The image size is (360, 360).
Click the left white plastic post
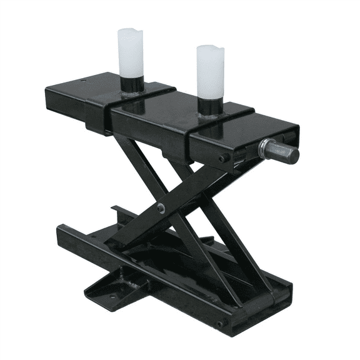(131, 53)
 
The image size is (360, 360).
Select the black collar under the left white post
(131, 85)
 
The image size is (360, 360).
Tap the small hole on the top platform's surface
(86, 82)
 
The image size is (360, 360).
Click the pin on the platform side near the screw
(222, 158)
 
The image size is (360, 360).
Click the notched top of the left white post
(131, 31)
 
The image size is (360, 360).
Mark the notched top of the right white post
(211, 49)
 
